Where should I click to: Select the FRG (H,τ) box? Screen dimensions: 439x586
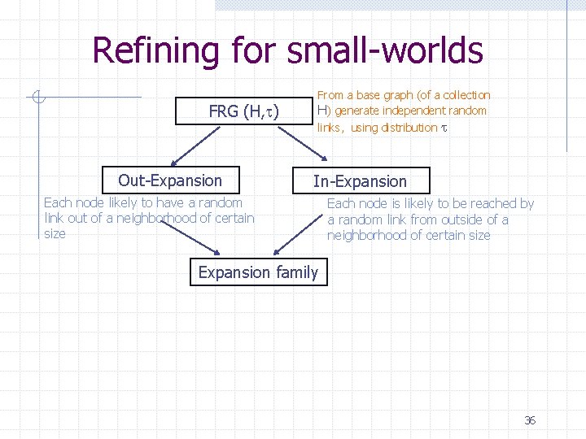[243, 111]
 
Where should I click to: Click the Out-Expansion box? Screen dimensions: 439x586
[169, 180]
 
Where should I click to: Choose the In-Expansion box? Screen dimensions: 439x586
[360, 181]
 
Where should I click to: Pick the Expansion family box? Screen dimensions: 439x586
[258, 272]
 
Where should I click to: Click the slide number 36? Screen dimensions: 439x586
[530, 420]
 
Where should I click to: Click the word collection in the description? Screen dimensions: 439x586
[466, 95]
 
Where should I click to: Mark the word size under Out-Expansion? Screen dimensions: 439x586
[55, 233]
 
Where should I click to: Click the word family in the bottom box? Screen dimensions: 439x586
[297, 272]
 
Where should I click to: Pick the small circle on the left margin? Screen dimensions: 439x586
[36, 98]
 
